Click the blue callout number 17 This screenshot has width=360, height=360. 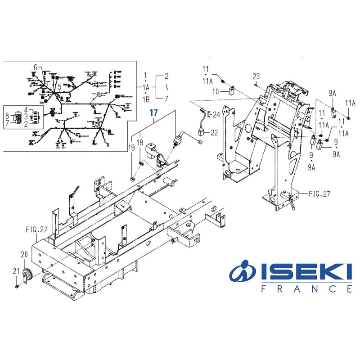pos(154,113)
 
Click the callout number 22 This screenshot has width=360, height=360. pos(213,132)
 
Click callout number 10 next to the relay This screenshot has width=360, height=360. pos(216,91)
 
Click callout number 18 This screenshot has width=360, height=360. pos(140,142)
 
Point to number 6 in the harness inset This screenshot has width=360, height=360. pos(35,67)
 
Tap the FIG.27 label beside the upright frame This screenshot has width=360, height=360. pos(319,194)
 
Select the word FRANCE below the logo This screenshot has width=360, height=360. pos(306,289)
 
